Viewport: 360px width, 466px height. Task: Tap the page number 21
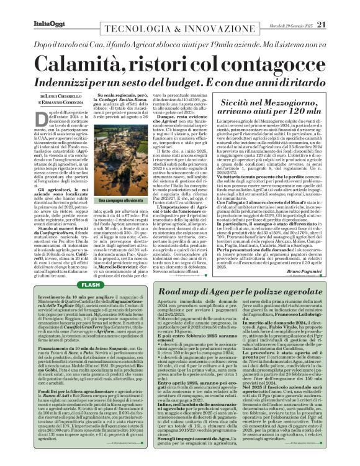pyautogui.click(x=339, y=24)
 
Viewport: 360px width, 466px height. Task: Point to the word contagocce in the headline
pyautogui.click(x=273, y=64)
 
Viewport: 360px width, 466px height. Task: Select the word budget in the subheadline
pyautogui.click(x=194, y=81)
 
